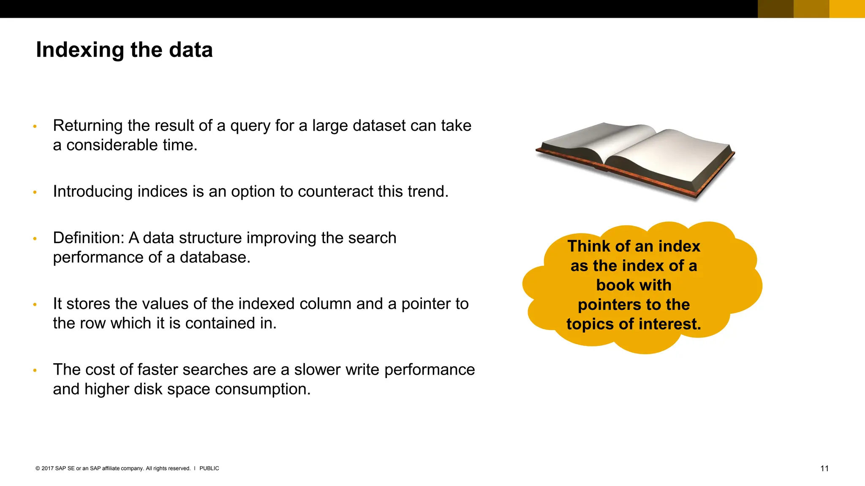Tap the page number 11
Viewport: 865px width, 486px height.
point(824,468)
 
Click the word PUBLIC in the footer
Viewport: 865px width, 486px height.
point(209,468)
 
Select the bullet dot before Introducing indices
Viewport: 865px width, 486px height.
point(35,192)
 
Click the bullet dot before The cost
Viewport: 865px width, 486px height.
point(35,370)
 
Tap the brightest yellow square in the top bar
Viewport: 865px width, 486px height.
point(847,8)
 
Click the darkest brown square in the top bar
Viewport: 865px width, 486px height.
point(775,8)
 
